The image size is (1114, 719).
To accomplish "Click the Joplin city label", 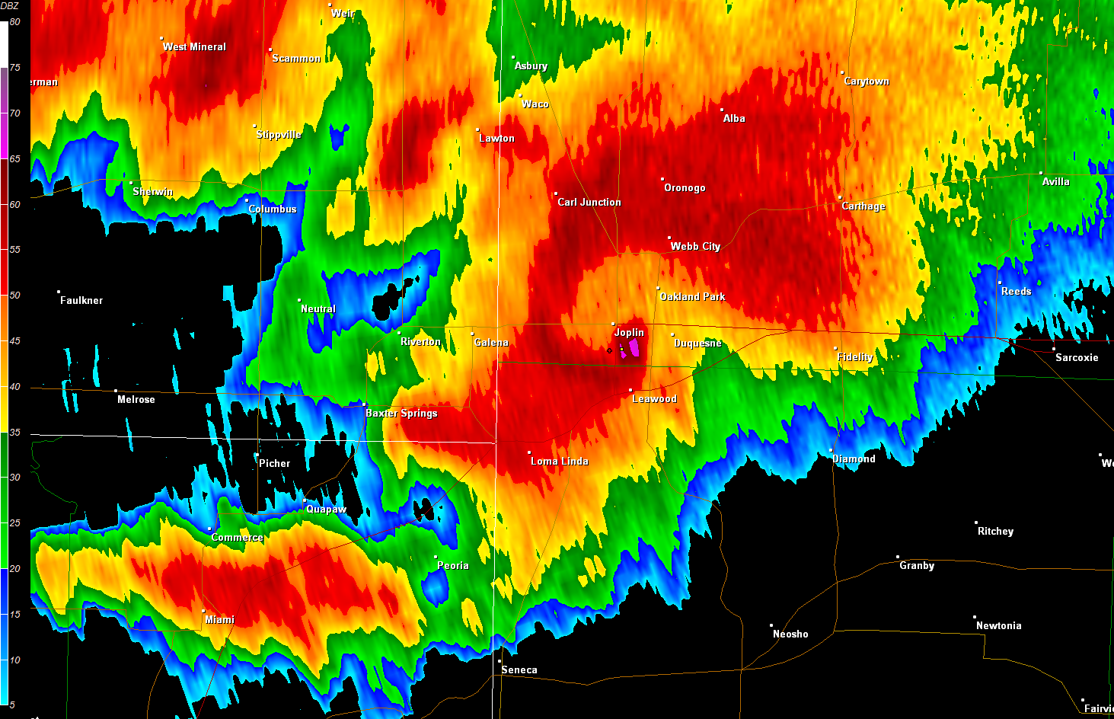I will [629, 332].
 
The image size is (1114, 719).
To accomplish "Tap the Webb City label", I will [695, 246].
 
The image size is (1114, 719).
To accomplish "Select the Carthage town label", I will [863, 206].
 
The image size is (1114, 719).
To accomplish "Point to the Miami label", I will [220, 619].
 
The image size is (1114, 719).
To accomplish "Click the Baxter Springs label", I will [401, 413].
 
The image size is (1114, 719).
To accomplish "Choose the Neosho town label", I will [790, 634].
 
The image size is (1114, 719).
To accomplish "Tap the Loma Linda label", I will [560, 461].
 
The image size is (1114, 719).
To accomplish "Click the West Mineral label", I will [194, 46].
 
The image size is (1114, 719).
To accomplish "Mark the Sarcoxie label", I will [1077, 357].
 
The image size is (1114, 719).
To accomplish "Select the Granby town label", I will [917, 565].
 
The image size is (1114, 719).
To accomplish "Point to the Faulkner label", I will [81, 300].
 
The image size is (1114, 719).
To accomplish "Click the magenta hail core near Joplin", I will [630, 350].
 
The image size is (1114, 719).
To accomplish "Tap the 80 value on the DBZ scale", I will [15, 22].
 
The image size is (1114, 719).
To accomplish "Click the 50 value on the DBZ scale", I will [15, 296].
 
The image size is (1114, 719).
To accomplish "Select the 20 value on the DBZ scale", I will [15, 569].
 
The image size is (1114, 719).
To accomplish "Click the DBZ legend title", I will [9, 6].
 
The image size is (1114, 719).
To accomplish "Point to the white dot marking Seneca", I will [500, 661].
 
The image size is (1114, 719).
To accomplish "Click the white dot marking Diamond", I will [832, 451].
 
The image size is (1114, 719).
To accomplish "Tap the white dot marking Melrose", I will [116, 391].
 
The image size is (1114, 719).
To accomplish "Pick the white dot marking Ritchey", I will [976, 522].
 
